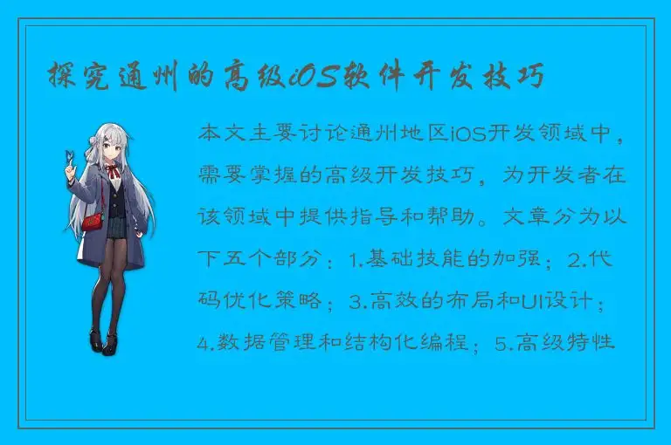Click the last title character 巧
529,78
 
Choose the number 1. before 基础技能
356,259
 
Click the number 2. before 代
576,259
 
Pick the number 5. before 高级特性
502,342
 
